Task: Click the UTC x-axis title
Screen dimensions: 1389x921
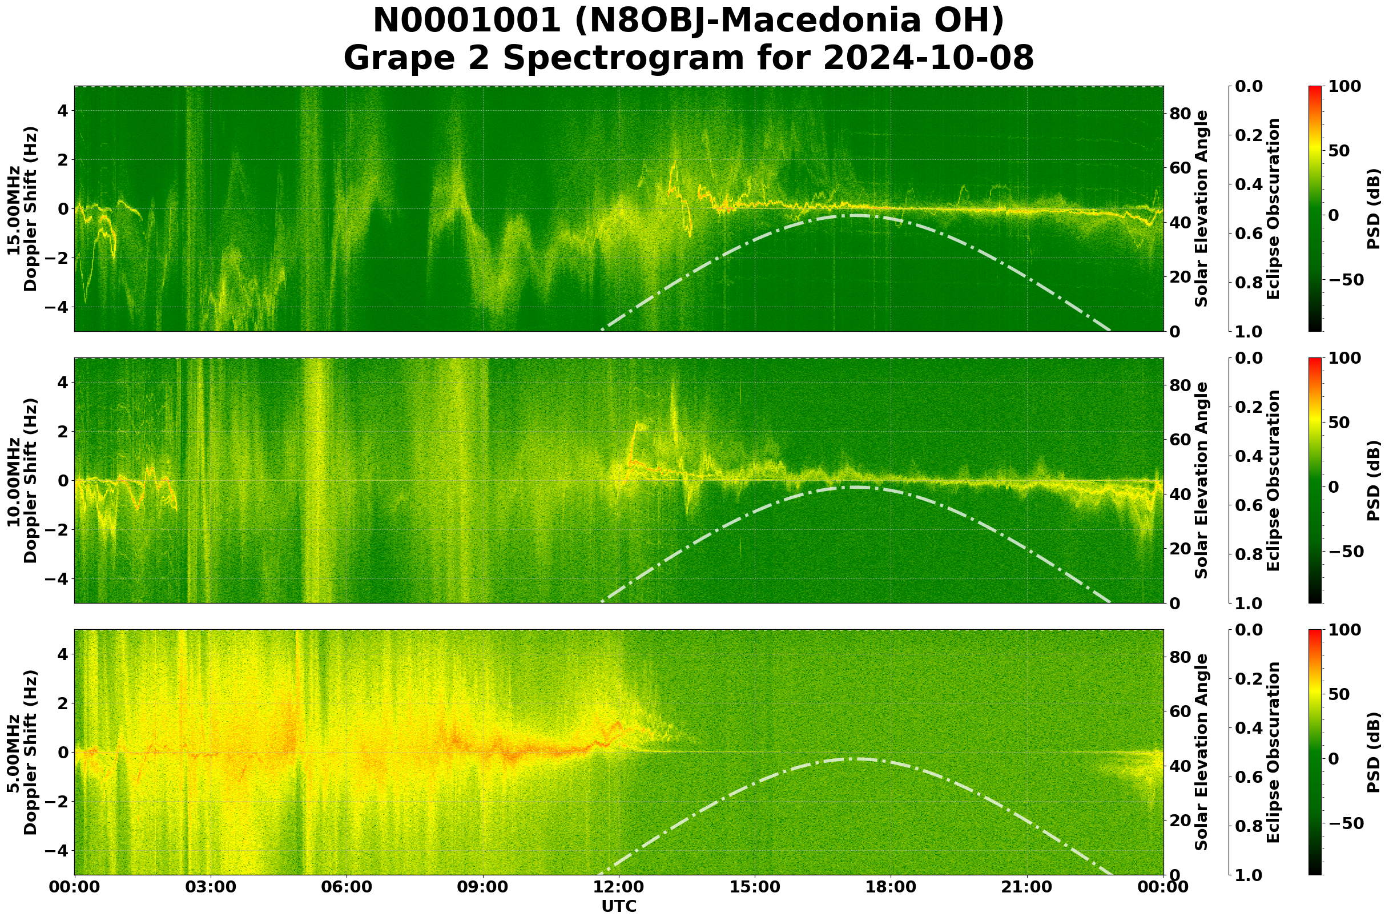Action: (618, 906)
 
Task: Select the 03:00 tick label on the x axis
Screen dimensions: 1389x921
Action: (210, 887)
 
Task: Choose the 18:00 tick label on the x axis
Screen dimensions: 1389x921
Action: (891, 887)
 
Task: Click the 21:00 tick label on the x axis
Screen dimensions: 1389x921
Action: (1027, 887)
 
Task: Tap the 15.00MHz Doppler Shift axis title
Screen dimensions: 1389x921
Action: (22, 209)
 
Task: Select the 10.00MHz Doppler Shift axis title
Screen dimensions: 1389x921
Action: (22, 480)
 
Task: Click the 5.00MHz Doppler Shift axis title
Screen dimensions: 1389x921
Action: (22, 753)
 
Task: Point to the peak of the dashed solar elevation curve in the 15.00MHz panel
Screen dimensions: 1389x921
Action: (855, 216)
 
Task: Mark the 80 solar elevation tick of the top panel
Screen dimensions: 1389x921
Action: (1180, 114)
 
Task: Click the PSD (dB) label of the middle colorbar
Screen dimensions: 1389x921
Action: (1374, 480)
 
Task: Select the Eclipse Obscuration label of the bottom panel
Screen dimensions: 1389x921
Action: (1273, 753)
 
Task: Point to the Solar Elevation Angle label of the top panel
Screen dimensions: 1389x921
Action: (1201, 208)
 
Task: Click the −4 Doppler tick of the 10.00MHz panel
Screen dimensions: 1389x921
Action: (54, 579)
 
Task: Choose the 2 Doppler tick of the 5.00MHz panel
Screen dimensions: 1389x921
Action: (62, 703)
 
